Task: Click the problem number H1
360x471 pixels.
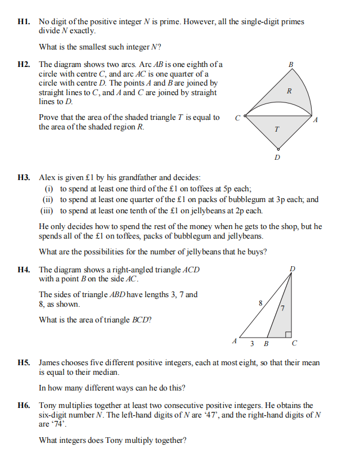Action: point(24,22)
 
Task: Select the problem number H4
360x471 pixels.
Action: point(24,270)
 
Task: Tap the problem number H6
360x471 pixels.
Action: point(24,405)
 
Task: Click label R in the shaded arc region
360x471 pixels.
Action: point(289,91)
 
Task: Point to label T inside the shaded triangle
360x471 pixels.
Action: point(276,129)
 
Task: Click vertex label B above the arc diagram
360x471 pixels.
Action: point(291,65)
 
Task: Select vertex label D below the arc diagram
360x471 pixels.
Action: point(276,157)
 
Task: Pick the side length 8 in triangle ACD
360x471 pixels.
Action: point(260,303)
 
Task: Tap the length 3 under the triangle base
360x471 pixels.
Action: point(253,343)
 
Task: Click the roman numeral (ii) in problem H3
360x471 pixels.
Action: point(48,199)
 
